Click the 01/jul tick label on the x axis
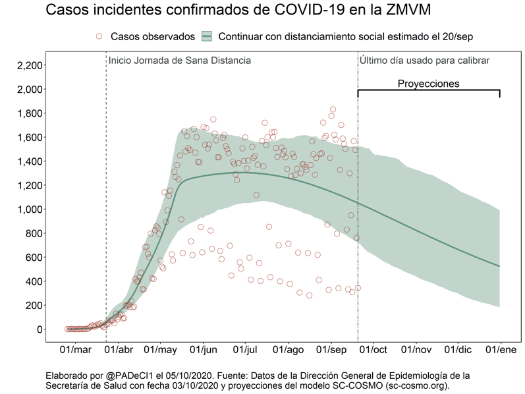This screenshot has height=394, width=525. pos(246,349)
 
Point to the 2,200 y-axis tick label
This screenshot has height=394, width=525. pos(30,65)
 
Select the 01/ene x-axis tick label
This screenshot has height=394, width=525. pos(499,349)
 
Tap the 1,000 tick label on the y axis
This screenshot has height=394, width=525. pos(30,210)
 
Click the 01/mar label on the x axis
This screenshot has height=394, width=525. pos(76,349)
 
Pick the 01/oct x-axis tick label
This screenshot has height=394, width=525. pos(373,349)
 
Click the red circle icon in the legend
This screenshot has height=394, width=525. pos(99,36)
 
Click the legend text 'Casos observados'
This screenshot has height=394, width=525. pos(153,36)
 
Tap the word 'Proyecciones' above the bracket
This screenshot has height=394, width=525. pos(428,84)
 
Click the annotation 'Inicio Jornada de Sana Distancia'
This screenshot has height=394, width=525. pos(180,61)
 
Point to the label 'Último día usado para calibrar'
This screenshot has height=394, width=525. pos(424,61)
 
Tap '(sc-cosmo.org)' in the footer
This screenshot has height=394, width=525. pos(416,385)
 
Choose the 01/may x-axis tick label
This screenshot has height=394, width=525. pos(161,349)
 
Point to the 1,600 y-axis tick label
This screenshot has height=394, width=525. pos(30,137)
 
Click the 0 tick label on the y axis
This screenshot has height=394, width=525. pos(40,329)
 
